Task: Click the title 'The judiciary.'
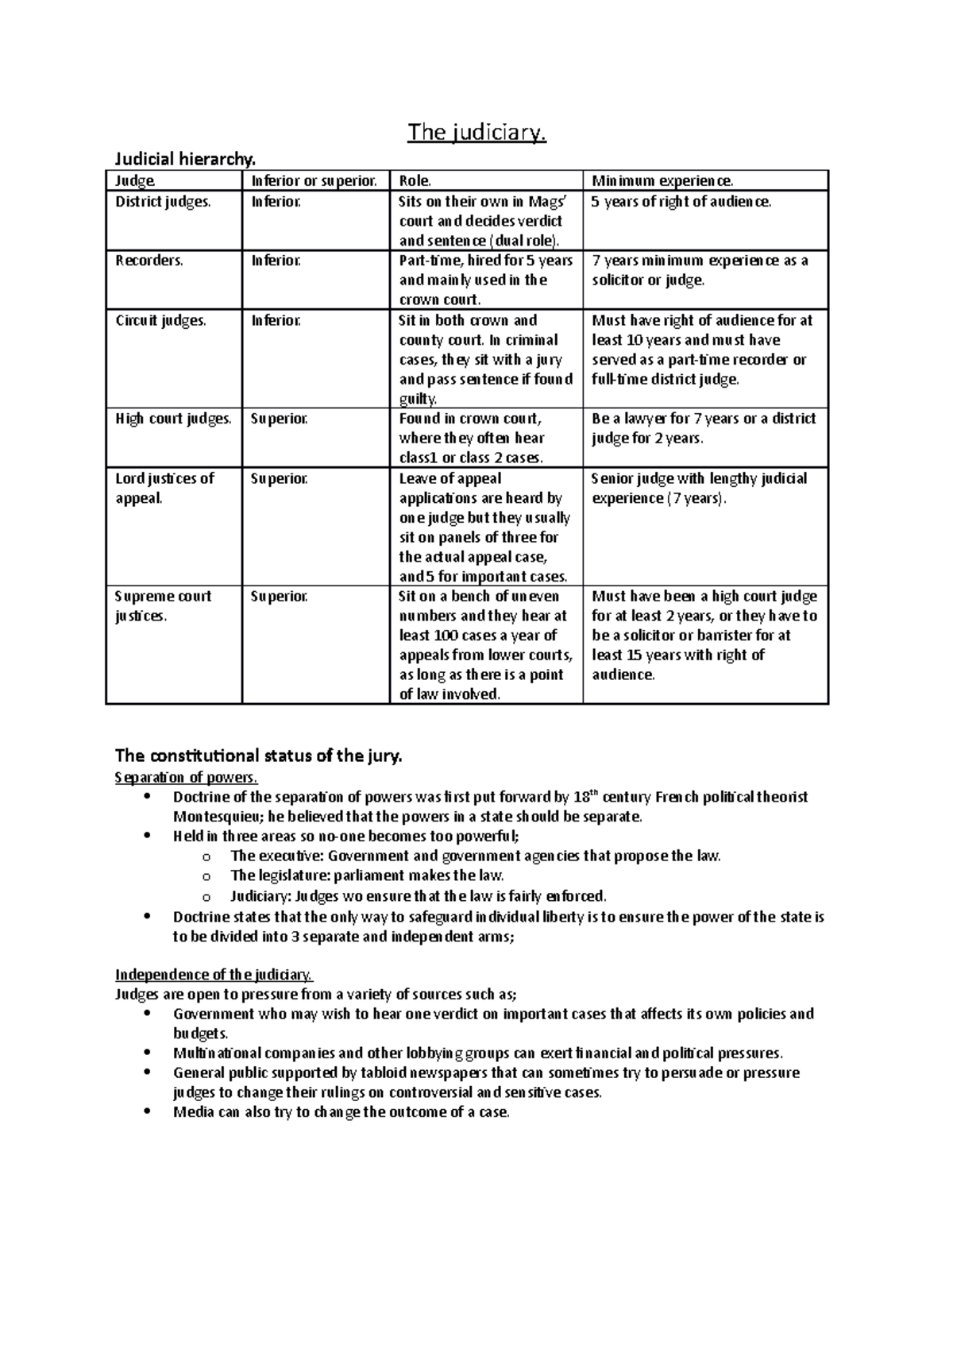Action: [x=476, y=133]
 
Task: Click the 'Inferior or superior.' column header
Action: [x=314, y=181]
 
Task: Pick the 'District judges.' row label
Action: [x=164, y=202]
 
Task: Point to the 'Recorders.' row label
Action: [x=149, y=261]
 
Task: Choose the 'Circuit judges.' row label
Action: [x=160, y=321]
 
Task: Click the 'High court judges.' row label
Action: [x=173, y=419]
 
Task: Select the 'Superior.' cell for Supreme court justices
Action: [x=279, y=597]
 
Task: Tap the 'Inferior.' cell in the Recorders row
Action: [x=276, y=261]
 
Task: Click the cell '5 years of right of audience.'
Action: [x=681, y=202]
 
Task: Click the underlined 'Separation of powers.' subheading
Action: [x=187, y=777]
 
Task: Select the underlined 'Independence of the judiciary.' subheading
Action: [x=214, y=975]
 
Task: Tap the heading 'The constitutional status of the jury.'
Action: [x=259, y=756]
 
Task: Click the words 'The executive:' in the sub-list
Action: [x=277, y=856]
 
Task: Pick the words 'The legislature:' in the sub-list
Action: [x=280, y=876]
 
